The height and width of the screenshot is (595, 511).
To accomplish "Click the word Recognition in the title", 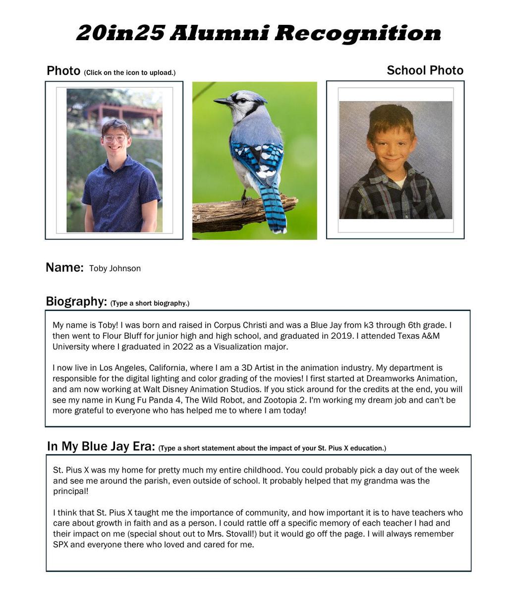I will click(x=357, y=34).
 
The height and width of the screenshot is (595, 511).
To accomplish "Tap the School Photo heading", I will click(x=425, y=70).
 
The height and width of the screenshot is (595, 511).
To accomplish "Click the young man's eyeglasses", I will click(x=114, y=138).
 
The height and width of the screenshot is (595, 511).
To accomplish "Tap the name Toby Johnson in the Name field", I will click(x=115, y=269).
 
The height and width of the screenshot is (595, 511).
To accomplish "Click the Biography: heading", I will click(x=76, y=301).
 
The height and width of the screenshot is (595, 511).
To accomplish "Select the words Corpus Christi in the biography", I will click(x=240, y=325).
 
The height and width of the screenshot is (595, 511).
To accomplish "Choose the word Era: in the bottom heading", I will click(x=141, y=446).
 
